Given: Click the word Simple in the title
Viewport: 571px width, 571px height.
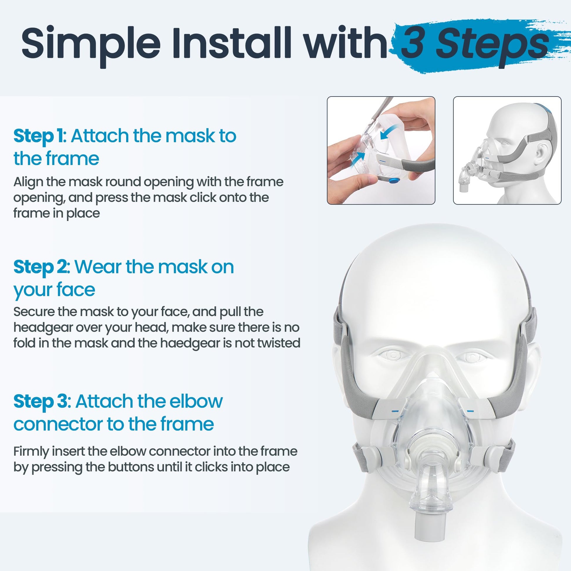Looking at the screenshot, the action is pos(91,43).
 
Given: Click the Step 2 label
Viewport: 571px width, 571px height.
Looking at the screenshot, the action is pos(42,268).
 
